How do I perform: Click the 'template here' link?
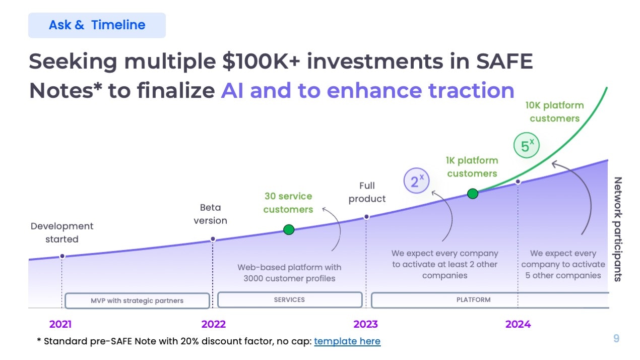347,341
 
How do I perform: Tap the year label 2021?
60,324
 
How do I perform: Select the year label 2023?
365,324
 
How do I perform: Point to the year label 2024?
518,324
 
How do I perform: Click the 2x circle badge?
416,181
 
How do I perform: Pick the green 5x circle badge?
526,145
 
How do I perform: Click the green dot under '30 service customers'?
289,229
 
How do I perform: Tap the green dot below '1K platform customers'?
473,194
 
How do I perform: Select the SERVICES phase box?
290,299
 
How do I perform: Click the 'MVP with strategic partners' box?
137,301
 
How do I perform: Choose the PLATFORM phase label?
473,299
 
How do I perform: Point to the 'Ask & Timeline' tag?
97,25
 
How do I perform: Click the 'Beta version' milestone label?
210,214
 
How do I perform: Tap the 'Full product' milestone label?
367,192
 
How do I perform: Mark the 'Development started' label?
61,232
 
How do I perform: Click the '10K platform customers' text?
554,112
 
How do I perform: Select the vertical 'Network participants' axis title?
618,229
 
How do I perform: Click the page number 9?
616,338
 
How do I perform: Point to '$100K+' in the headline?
261,62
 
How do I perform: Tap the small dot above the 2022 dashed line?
213,239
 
